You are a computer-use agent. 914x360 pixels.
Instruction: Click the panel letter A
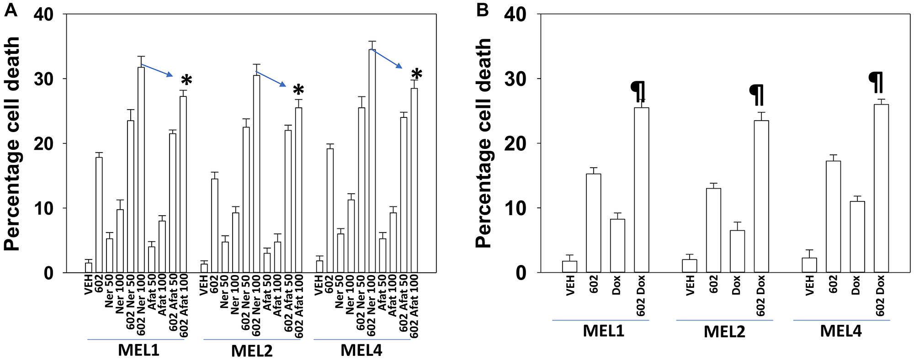pos(11,10)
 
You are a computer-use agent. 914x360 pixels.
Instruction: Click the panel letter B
pos(484,10)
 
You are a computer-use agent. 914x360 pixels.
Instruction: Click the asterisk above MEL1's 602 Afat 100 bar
pos(186,80)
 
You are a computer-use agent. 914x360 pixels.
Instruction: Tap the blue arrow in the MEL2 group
pos(271,79)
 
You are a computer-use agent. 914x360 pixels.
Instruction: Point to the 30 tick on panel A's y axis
pos(43,79)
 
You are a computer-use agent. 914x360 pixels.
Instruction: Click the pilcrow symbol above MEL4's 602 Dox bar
pos(876,82)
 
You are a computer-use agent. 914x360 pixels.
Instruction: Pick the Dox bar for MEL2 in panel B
pos(737,251)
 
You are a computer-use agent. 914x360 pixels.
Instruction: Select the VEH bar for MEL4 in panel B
pos(809,265)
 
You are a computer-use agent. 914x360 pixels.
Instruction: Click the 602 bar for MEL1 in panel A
pos(99,215)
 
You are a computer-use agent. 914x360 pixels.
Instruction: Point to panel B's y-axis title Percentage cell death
pos(484,143)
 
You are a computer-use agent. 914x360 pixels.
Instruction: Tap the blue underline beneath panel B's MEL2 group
pos(724,320)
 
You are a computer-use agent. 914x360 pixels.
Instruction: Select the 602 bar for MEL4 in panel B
pos(833,217)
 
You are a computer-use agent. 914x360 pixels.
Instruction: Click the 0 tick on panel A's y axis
pos(49,273)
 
